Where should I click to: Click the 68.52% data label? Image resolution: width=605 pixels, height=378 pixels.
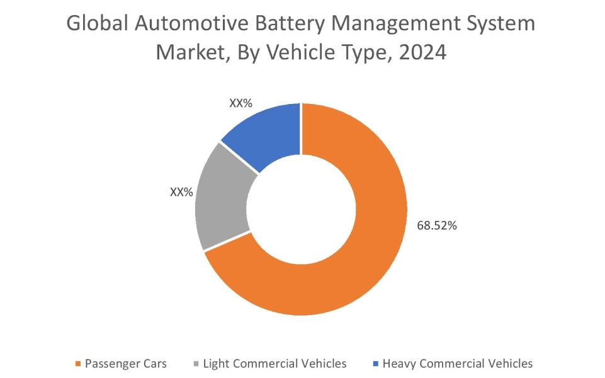click(x=436, y=226)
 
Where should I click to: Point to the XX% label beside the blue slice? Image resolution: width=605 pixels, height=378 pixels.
click(x=242, y=103)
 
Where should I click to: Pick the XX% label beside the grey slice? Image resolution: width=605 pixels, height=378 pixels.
click(x=181, y=192)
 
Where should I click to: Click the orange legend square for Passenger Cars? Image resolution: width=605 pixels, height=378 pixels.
click(x=78, y=364)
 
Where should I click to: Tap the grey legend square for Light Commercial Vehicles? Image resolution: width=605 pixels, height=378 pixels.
click(x=196, y=364)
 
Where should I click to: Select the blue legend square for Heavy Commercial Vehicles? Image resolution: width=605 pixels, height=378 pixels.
click(x=376, y=364)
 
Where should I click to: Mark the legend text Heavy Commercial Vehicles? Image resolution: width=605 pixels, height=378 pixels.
click(x=458, y=364)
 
